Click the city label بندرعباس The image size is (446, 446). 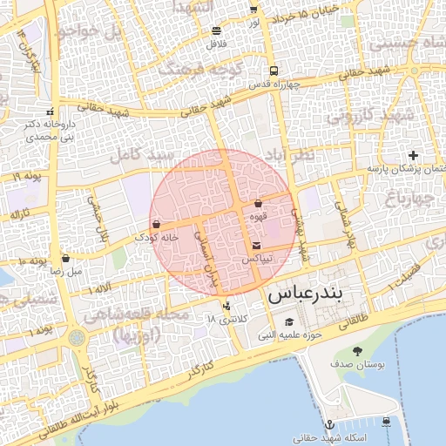pos(319,294)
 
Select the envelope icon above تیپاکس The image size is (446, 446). pos(256,247)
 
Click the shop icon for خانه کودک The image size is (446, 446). pos(156,225)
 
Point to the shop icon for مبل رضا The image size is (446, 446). pos(66,259)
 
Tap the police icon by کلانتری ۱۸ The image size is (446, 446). pos(227,307)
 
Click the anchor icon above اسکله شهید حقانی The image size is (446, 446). pos(329,423)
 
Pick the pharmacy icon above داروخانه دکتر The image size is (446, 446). pos(49,111)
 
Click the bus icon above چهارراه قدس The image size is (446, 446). pos(274,71)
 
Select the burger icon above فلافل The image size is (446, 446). pos(215,30)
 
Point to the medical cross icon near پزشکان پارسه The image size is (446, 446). pos(412,155)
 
